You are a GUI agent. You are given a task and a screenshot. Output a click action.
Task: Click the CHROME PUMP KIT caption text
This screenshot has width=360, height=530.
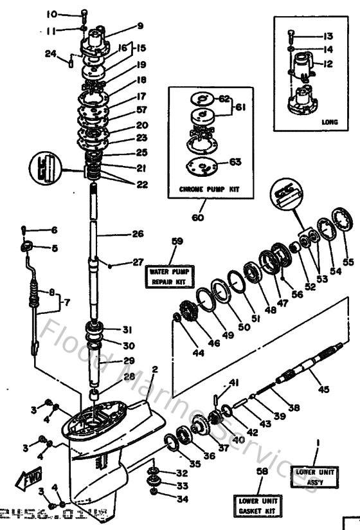(x=209, y=190)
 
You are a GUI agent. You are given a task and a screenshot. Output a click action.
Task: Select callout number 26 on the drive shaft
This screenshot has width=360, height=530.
(x=138, y=234)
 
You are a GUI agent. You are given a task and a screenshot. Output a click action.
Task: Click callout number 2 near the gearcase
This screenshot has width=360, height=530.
(x=154, y=369)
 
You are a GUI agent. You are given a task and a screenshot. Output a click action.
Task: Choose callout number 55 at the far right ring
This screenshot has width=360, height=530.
(x=348, y=262)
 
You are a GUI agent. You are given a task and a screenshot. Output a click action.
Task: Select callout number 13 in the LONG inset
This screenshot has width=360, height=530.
(x=328, y=35)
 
